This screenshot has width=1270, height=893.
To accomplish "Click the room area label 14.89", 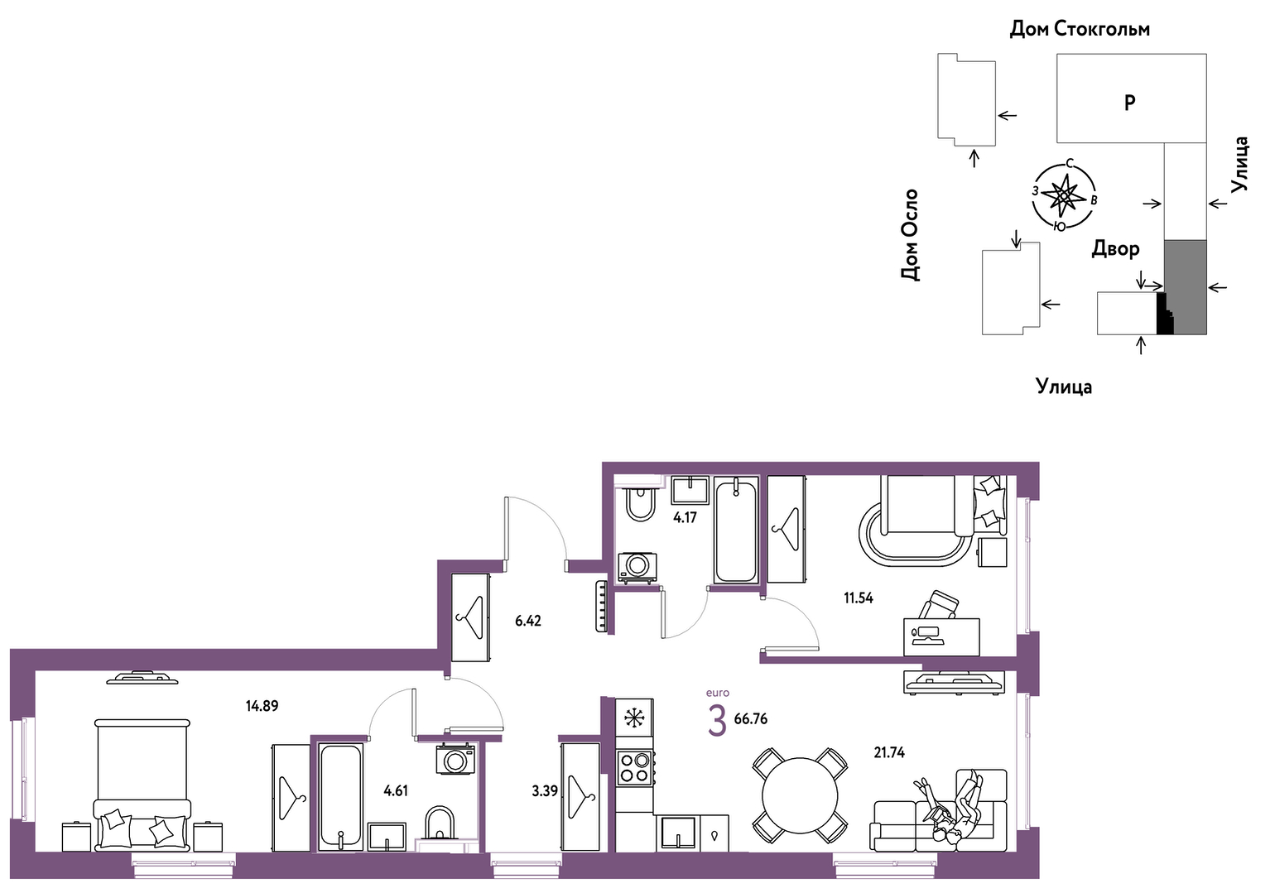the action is point(262,706).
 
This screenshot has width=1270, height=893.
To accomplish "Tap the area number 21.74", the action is point(889,752).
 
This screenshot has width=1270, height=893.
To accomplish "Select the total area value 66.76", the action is point(751,719).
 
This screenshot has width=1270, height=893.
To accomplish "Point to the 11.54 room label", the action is point(859,598).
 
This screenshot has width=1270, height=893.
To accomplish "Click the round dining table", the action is point(800,795).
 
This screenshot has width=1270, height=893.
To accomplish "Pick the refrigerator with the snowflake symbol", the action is point(634,718).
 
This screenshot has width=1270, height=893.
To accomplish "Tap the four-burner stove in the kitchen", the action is point(634,767).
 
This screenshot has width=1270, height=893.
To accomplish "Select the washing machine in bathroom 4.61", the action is point(455,759).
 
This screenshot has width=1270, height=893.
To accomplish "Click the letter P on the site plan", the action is point(1129,103).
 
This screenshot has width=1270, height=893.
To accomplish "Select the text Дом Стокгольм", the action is point(1080,28).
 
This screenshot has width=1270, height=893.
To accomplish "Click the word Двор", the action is point(1115,249).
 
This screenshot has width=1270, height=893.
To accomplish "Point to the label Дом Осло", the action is point(909,234).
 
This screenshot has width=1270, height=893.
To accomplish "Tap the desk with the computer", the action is point(941,637).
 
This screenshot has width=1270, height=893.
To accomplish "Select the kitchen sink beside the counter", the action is point(677,833).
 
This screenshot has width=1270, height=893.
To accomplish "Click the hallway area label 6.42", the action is point(528,621).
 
